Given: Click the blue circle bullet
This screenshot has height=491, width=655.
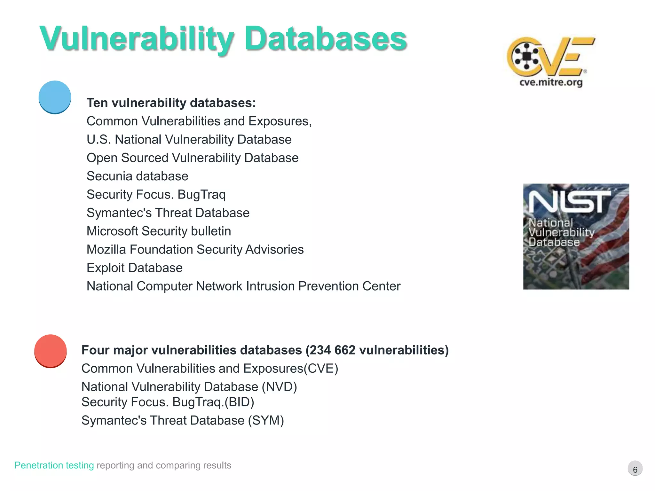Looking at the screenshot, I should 55,97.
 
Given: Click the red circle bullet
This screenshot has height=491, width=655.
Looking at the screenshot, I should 51,351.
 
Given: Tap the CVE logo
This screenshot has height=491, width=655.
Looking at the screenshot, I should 550,56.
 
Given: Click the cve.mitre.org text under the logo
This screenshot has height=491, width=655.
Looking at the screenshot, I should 551,82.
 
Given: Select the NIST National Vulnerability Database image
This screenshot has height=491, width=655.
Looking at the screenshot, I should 576,237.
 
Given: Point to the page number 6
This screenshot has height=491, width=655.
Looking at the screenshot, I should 635,469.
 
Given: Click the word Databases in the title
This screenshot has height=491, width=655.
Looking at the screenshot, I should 326,39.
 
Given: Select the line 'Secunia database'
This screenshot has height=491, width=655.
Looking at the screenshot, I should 138,176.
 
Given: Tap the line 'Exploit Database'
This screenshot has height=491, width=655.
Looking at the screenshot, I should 135,268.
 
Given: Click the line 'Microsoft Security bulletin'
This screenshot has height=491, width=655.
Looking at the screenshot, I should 159,231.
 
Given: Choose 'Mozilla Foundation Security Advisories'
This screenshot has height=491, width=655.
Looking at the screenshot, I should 195,250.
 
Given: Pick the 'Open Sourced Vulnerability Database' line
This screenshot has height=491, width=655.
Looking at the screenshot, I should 193,158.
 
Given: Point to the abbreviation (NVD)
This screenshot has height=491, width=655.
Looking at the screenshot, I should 279,387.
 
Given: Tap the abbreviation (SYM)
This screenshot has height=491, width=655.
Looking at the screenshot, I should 266,420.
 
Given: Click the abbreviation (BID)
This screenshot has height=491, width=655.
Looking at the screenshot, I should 239,402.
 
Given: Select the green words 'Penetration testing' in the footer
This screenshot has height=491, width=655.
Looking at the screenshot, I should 54,465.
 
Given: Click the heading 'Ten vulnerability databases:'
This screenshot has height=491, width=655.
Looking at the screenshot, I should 171,103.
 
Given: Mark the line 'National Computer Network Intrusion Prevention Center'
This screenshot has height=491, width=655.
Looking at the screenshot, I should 243,286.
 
